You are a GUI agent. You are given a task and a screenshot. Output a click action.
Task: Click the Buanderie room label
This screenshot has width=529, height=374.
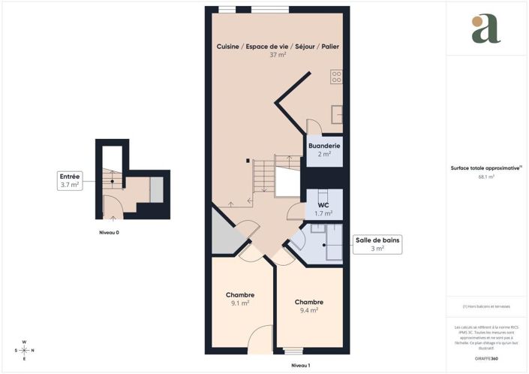325,145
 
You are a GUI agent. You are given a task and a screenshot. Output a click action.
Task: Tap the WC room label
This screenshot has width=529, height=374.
323,204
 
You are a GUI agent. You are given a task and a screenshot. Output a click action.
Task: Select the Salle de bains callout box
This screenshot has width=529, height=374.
377,243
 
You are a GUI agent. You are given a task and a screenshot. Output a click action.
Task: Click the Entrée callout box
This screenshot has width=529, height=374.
69,179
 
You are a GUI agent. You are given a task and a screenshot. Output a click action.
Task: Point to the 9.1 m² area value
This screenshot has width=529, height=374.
240,303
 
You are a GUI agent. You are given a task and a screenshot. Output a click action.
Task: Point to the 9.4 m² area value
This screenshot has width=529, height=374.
308,309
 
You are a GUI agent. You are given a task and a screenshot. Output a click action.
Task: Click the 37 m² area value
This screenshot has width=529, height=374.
277,55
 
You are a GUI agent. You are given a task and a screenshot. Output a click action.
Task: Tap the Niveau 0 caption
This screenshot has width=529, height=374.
109,233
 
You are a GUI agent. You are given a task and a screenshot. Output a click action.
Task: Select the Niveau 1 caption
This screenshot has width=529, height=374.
300,366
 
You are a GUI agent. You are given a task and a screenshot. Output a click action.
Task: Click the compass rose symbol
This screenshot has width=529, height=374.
24,350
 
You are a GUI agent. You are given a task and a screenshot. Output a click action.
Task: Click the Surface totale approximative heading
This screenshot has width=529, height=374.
483,168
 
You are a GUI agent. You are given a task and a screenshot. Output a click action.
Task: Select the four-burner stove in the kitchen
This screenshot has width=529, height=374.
336,77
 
